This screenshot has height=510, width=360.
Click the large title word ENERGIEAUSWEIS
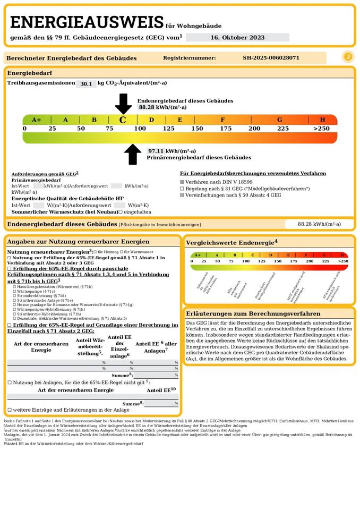pos(87,22)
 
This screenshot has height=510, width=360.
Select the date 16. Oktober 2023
pos(237,37)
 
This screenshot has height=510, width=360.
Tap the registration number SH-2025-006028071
pos(271,57)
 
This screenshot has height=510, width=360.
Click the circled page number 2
pos(348,57)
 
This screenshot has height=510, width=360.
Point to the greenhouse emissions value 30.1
pos(85,83)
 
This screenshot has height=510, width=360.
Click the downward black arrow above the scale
pos(123,103)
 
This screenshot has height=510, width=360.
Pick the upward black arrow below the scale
pos(133,155)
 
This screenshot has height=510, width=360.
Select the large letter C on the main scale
pos(123,120)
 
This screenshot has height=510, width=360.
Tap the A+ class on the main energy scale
pos(36,120)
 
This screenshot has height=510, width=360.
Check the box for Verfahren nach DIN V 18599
pos(182,182)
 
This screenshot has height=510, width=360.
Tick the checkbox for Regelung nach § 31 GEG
pos(182,189)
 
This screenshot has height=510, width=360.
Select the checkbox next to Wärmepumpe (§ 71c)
pos(14,291)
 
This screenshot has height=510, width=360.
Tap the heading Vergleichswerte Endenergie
pos(232,243)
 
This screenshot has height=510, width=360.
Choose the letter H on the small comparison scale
pos(341,255)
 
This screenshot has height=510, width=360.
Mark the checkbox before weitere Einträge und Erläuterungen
pos(9,410)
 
